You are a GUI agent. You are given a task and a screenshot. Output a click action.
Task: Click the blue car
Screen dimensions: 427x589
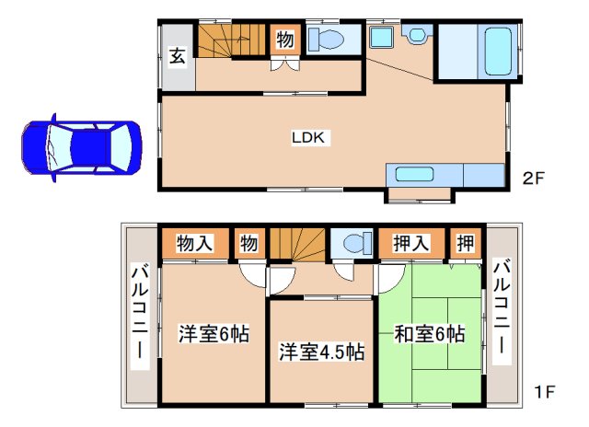pos(81,146)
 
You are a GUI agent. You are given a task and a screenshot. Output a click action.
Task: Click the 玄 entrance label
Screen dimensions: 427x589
pos(179,56)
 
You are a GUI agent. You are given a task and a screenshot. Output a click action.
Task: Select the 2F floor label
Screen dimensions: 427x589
pos(535,178)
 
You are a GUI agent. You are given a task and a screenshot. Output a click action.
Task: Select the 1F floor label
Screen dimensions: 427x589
pos(545,391)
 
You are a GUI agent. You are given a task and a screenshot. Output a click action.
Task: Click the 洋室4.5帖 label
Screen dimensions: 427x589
pos(321,352)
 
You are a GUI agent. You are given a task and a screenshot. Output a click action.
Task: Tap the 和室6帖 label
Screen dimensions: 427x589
pos(429,333)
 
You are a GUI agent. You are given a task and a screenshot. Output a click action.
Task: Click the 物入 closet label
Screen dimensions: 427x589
pos(195,244)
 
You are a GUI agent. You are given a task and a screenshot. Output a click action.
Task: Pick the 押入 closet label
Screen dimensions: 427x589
pos(412,244)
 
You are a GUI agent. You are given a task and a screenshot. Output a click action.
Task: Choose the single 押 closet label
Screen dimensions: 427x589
pos(467,244)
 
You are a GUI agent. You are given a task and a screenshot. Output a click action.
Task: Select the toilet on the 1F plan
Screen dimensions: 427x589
pos(352,244)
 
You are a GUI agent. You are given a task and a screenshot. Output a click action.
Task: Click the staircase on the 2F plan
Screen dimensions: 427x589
pos(233,40)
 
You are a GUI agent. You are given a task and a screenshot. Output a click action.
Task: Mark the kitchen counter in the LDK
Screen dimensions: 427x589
pos(445,174)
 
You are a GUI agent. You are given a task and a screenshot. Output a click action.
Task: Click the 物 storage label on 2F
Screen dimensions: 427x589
pos(285,40)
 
